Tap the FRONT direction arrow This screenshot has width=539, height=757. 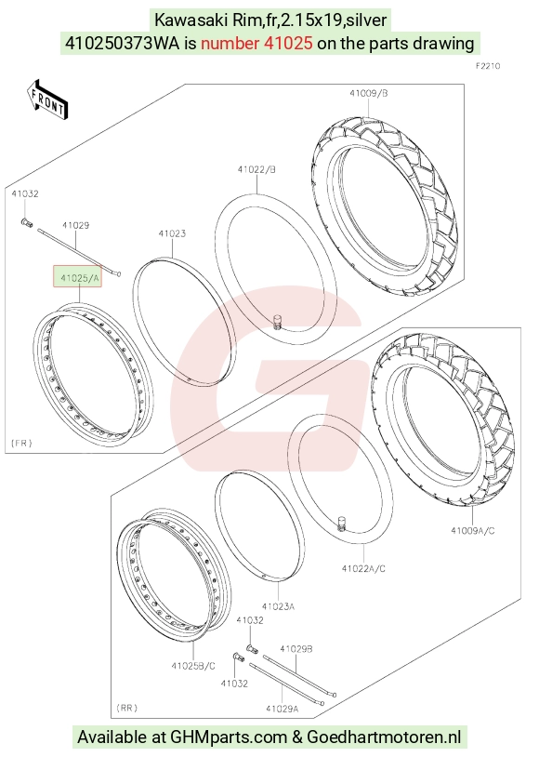tap(47, 100)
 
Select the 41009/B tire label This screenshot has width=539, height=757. tap(369, 93)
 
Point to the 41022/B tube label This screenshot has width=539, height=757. tap(256, 169)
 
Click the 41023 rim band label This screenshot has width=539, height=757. tap(172, 233)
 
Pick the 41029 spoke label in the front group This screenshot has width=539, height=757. tap(76, 225)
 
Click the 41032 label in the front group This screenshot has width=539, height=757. tap(25, 193)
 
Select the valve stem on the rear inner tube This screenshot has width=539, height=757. tap(343, 524)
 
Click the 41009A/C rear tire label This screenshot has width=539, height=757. tap(473, 531)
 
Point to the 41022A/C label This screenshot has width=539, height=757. tap(364, 568)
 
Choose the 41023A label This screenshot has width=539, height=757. tap(278, 606)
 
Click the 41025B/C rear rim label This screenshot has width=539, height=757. tap(193, 666)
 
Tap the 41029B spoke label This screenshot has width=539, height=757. tap(296, 649)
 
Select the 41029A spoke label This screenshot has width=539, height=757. tap(283, 709)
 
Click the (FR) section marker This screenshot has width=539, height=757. tap(21, 443)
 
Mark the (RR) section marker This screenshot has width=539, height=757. tap(127, 708)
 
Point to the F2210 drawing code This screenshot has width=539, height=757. tap(488, 66)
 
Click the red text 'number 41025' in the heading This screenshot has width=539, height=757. tap(256, 44)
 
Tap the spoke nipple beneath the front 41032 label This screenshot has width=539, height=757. tap(27, 222)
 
